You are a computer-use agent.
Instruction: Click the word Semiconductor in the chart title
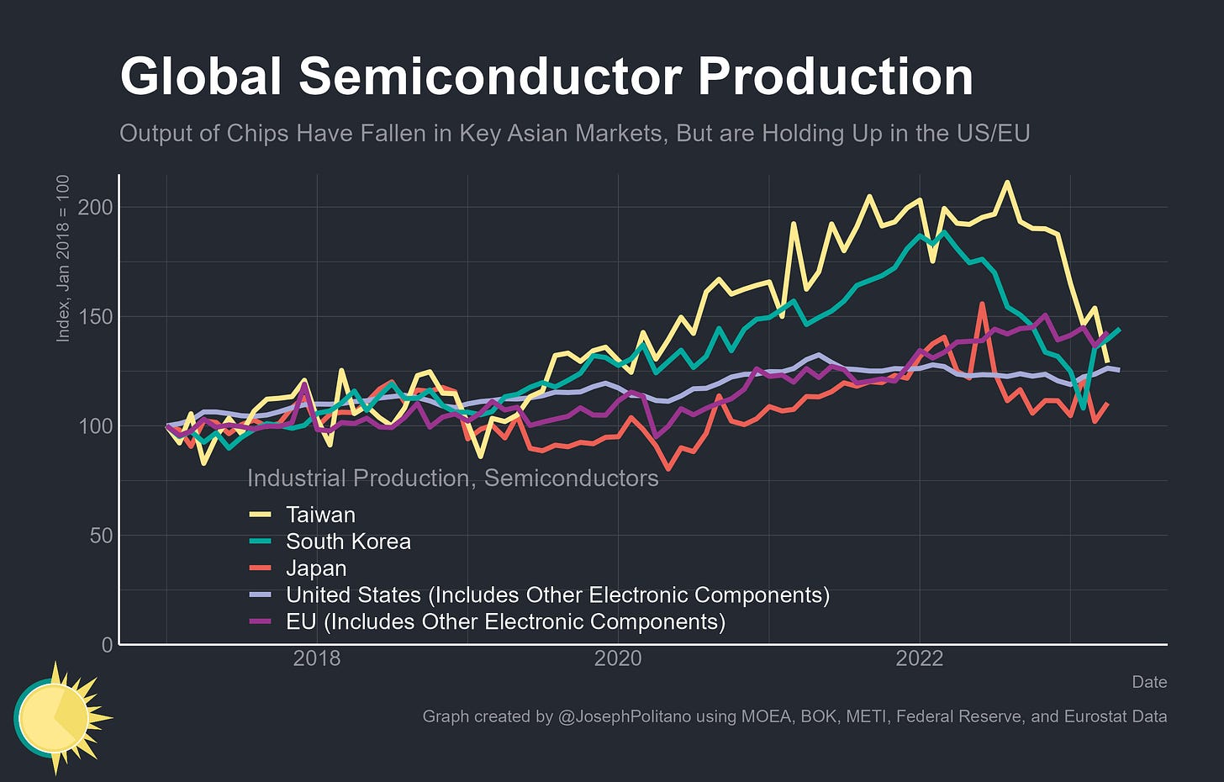click(490, 77)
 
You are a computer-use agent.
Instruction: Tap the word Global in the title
click(201, 77)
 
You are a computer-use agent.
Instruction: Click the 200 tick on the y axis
click(95, 207)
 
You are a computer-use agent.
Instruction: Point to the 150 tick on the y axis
click(95, 317)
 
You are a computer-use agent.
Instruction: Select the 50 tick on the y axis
click(101, 536)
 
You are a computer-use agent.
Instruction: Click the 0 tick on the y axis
click(107, 645)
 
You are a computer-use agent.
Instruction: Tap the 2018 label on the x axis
click(317, 658)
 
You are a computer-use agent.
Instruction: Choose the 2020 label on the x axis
click(618, 658)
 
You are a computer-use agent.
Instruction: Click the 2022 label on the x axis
click(920, 658)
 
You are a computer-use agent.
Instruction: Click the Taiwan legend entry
click(320, 515)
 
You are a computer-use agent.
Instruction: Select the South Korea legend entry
click(348, 542)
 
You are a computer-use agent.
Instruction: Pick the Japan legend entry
click(316, 568)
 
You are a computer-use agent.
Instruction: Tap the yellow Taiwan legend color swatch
click(261, 515)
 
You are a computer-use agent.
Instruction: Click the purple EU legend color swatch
click(261, 622)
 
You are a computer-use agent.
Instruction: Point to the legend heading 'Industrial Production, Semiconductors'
click(452, 478)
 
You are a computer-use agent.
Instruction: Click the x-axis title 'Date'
click(1149, 682)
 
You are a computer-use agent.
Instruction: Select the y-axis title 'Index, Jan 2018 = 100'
click(63, 258)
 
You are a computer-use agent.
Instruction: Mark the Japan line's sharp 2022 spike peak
click(981, 304)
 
